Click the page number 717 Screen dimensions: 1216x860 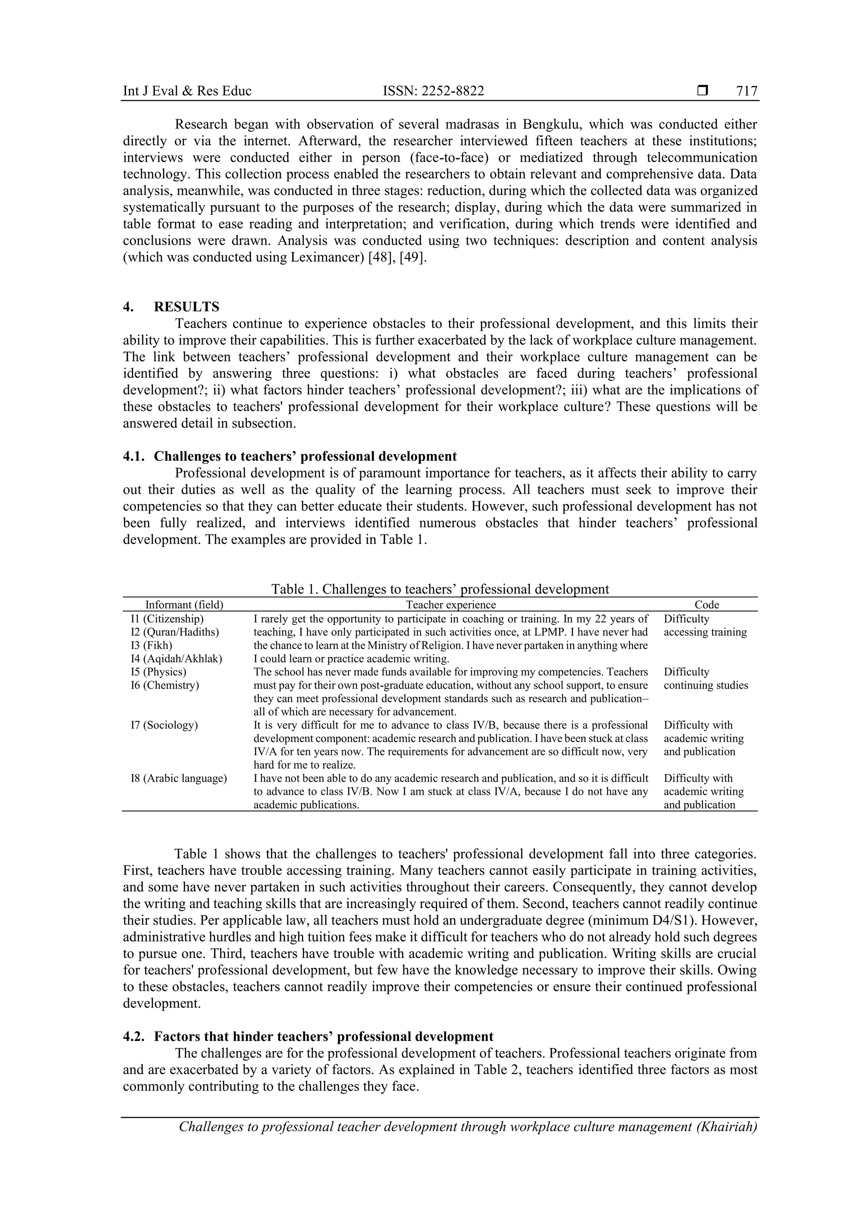[747, 91]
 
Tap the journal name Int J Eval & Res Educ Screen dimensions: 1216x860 [187, 91]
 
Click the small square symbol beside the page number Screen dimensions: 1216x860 [703, 91]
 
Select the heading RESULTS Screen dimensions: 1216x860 [186, 307]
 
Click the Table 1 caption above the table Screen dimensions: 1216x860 [440, 589]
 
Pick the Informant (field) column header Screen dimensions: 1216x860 [184, 605]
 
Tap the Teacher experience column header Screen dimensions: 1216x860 [451, 605]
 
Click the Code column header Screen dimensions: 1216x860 [707, 605]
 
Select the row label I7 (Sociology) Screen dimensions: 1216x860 [164, 725]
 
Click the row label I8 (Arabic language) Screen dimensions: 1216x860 [178, 778]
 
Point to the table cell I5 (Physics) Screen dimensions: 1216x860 [158, 672]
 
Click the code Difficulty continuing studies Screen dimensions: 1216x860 [705, 678]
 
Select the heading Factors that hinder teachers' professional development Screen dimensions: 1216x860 [323, 1036]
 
